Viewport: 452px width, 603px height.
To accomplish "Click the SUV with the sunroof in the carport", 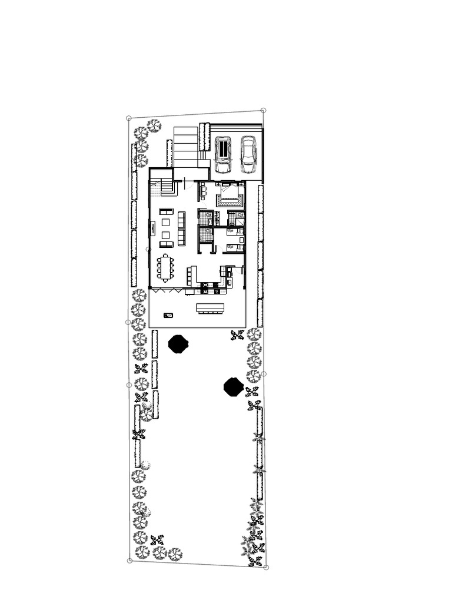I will tap(224, 154).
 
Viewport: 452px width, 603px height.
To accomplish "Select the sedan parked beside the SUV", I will tap(248, 154).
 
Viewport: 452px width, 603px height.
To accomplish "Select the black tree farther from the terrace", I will tap(233, 386).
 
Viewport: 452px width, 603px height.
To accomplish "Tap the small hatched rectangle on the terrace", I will tap(169, 315).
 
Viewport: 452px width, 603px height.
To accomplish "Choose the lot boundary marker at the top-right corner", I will tap(263, 110).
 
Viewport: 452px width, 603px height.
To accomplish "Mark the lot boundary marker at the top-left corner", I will tap(129, 118).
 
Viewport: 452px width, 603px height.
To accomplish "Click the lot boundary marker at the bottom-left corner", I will tap(129, 561).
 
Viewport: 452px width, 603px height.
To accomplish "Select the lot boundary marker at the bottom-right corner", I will tap(266, 568).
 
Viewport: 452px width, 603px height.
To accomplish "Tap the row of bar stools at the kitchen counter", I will tap(190, 274).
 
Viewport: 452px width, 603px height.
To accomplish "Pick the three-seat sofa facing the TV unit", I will tap(181, 229).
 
